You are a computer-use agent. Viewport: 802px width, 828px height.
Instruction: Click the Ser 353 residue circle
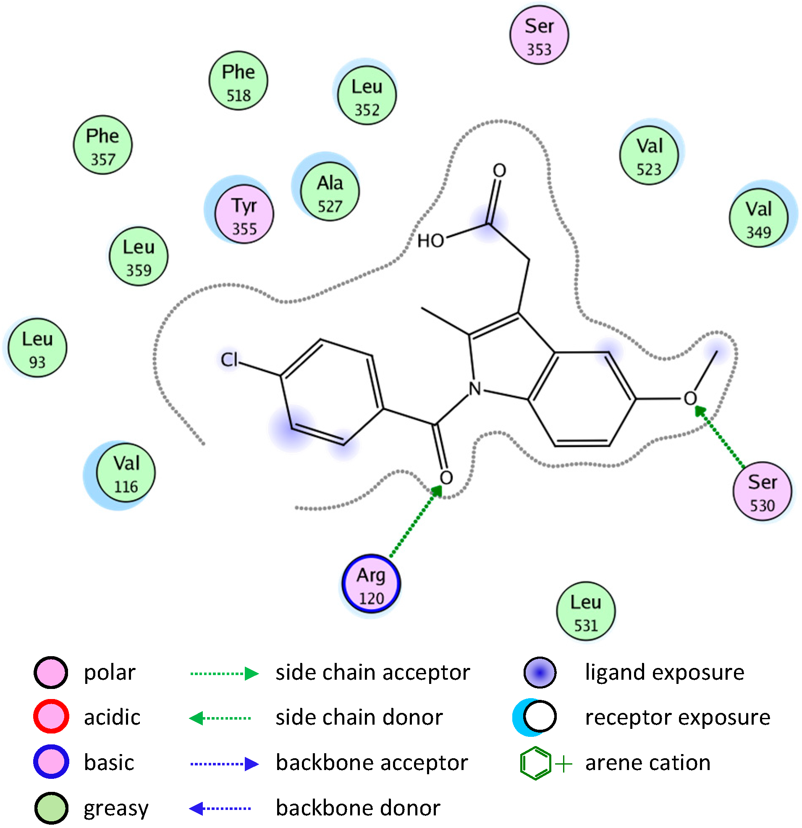(539, 35)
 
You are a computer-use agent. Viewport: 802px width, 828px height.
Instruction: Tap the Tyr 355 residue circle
(244, 215)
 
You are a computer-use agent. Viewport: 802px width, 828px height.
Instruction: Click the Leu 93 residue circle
(37, 348)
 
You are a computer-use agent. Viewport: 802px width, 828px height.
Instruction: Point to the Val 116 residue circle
(126, 473)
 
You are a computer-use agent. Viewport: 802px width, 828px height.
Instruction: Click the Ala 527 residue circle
(330, 193)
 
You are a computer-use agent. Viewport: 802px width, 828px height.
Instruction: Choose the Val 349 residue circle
(759, 218)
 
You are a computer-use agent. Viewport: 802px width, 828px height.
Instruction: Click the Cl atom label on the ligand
(229, 360)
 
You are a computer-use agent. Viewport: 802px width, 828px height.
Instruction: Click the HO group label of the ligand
(430, 241)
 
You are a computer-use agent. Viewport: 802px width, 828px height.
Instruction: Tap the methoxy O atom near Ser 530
(690, 399)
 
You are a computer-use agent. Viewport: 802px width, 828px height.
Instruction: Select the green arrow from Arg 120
(415, 523)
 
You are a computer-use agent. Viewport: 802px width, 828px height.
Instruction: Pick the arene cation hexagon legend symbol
(535, 764)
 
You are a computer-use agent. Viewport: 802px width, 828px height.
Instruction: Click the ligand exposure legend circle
(540, 673)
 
